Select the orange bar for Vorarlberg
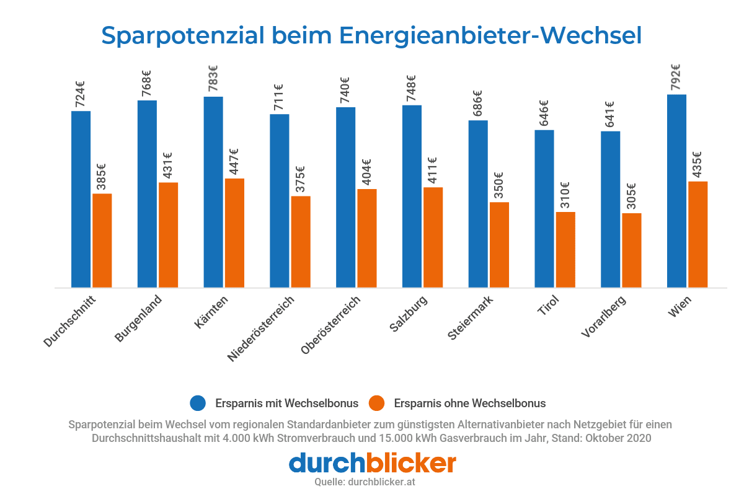point(632,250)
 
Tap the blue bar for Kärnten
point(213,192)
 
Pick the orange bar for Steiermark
point(499,245)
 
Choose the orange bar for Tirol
point(565,250)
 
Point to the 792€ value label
point(676,77)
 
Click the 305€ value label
point(631,197)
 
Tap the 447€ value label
point(234,162)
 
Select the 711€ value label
point(279,98)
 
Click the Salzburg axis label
point(409,314)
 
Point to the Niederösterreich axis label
point(260,329)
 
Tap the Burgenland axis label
point(138,319)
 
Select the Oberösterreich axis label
point(330,326)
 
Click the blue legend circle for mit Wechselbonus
point(198,403)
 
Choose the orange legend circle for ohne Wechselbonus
point(376,403)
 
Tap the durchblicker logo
point(372,462)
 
